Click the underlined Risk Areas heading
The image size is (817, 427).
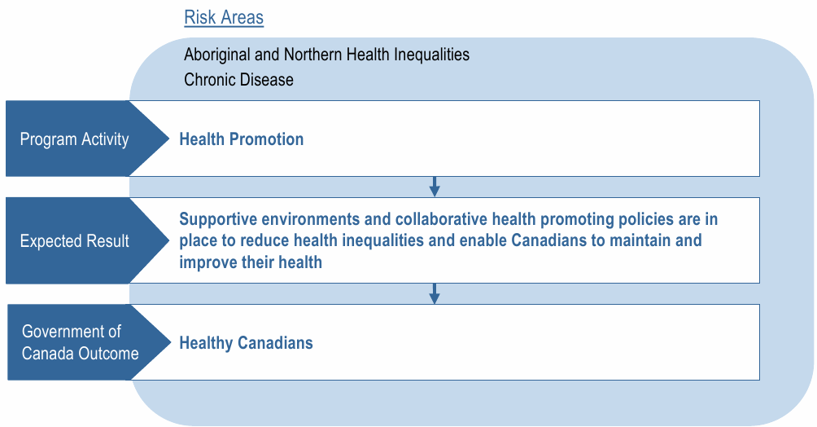coord(224,18)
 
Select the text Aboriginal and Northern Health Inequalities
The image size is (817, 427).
coord(326,55)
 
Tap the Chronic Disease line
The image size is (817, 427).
coord(238,79)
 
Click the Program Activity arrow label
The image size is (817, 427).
coord(75,139)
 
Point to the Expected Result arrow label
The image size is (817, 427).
coord(75,241)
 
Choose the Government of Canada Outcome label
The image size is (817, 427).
coord(81,342)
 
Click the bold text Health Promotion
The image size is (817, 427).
coord(242,139)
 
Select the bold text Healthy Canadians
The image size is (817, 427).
coord(246,343)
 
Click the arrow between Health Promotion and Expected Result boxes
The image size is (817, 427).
coord(435,187)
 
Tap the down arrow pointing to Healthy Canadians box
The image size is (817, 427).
coord(435,293)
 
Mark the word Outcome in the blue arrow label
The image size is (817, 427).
coord(109,354)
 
